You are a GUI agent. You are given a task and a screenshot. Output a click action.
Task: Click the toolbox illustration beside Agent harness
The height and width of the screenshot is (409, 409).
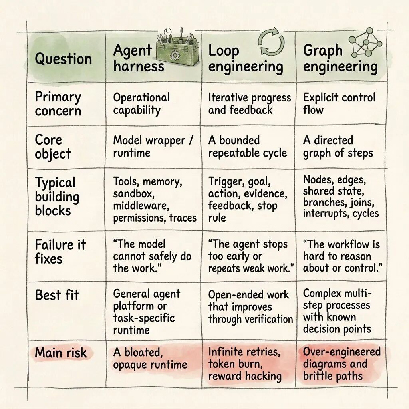point(177,48)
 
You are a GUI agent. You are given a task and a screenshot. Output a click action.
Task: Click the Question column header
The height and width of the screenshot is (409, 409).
point(64,58)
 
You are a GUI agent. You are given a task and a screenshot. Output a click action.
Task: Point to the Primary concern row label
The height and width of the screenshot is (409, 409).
point(58,104)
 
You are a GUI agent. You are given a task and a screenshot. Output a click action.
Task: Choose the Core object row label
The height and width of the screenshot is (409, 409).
point(53,147)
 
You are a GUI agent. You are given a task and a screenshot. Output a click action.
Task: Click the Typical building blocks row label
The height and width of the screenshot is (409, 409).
point(57,197)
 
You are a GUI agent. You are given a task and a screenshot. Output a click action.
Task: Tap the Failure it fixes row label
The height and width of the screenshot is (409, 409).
point(60,252)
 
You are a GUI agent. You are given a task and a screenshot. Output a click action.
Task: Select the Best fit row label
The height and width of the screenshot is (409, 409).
point(57,295)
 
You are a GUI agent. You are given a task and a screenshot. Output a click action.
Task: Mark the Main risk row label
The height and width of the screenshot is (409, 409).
point(61,353)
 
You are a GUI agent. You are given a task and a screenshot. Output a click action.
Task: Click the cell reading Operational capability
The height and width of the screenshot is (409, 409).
point(141,104)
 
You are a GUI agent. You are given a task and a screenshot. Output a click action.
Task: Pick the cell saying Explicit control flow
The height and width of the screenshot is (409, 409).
point(339,103)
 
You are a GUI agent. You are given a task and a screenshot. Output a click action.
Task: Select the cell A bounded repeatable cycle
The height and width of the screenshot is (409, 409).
point(248,147)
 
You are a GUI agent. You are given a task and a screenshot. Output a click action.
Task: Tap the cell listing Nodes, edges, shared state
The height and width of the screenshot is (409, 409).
point(341,197)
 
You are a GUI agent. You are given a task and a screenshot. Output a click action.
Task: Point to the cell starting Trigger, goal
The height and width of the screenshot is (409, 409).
point(248,200)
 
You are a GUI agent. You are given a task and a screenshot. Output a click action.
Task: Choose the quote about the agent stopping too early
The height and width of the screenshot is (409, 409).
point(251,256)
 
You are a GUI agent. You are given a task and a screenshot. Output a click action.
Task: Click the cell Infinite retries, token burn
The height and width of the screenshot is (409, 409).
point(245,364)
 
